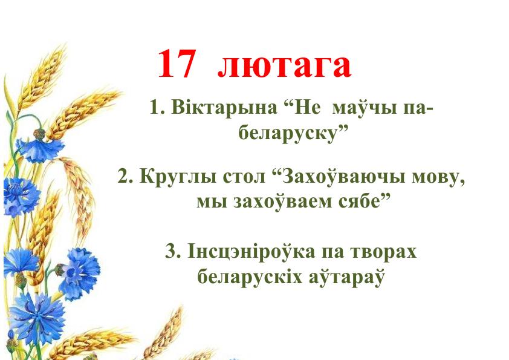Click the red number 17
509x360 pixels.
177,64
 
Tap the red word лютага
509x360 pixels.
284,66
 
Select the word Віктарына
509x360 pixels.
224,108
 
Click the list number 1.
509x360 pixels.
157,108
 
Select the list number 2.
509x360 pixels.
125,178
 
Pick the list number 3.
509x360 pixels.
173,252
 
